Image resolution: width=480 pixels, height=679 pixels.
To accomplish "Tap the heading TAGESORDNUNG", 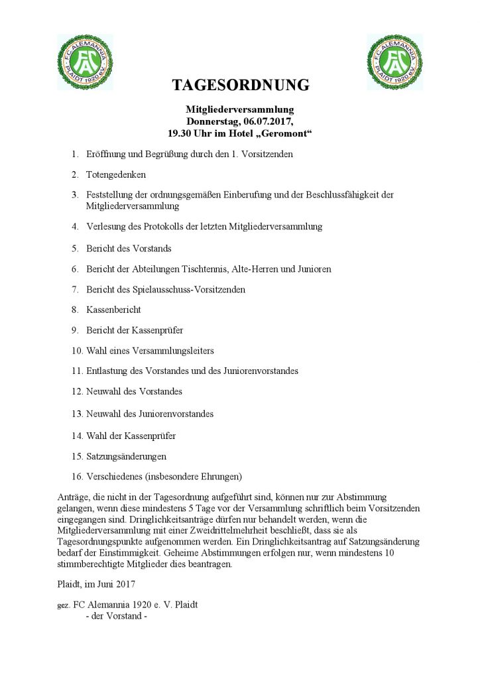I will (x=241, y=85).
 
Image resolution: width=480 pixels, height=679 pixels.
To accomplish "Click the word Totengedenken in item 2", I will (x=116, y=175).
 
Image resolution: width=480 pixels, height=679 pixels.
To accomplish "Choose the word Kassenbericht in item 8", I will (x=113, y=310).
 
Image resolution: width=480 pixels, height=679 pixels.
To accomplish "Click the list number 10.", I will (x=76, y=350).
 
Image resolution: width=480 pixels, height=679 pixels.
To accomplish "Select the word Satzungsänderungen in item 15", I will (x=126, y=456).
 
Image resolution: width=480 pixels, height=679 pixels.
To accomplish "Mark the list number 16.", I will (x=76, y=477).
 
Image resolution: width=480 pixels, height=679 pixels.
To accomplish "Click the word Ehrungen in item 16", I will (x=220, y=477).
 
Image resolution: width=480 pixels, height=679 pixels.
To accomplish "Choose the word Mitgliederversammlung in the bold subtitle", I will (x=239, y=109).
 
